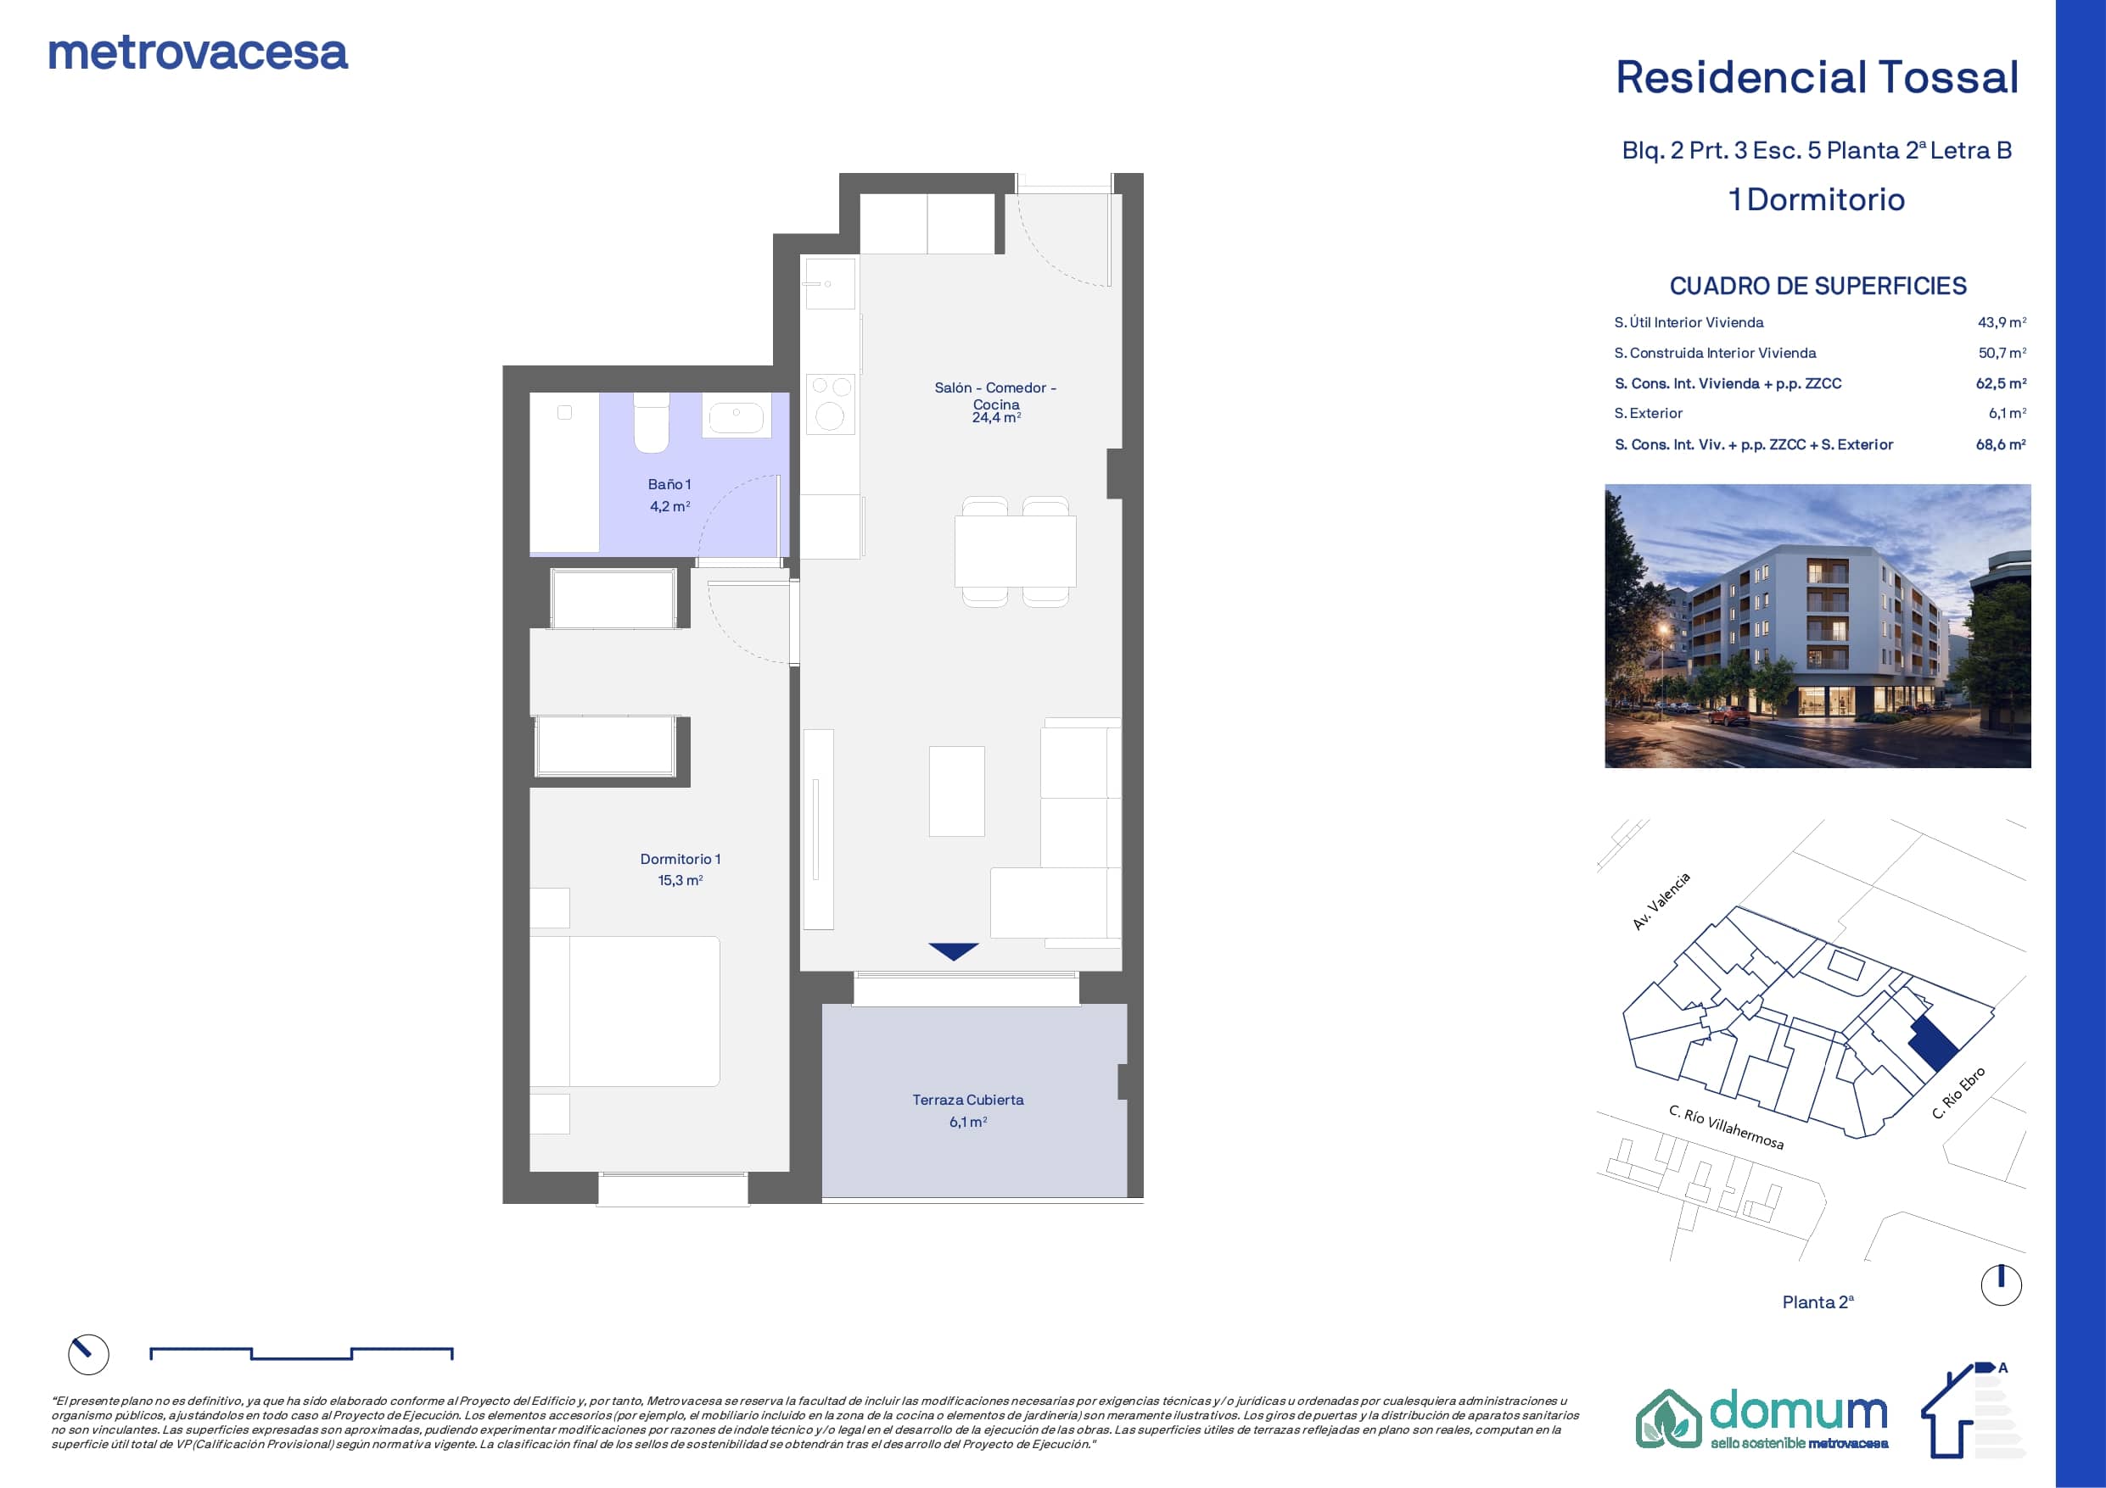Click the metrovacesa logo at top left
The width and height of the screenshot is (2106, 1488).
click(x=198, y=53)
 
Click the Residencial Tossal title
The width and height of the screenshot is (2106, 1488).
click(x=1817, y=77)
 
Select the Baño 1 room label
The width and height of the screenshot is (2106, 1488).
click(x=669, y=484)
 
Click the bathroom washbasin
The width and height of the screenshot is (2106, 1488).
click(x=737, y=415)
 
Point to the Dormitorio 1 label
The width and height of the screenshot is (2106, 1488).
click(x=681, y=859)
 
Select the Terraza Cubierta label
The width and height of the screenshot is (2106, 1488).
click(x=967, y=1100)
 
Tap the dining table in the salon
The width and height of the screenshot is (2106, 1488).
click(x=1016, y=551)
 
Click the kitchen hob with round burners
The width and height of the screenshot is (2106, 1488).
click(x=830, y=404)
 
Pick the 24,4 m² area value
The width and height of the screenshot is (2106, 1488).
click(x=997, y=417)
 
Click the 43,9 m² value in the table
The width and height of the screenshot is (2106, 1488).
click(x=2002, y=323)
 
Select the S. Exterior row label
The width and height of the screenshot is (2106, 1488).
click(x=1649, y=414)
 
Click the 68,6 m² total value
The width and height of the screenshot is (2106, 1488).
click(x=2001, y=444)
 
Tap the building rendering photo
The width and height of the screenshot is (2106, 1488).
click(x=1817, y=627)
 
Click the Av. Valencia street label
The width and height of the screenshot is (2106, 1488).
click(x=1661, y=901)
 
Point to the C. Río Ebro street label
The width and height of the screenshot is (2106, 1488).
click(x=1958, y=1093)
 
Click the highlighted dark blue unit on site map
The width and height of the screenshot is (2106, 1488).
click(x=1934, y=1044)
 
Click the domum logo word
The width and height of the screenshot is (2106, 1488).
click(x=1798, y=1412)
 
